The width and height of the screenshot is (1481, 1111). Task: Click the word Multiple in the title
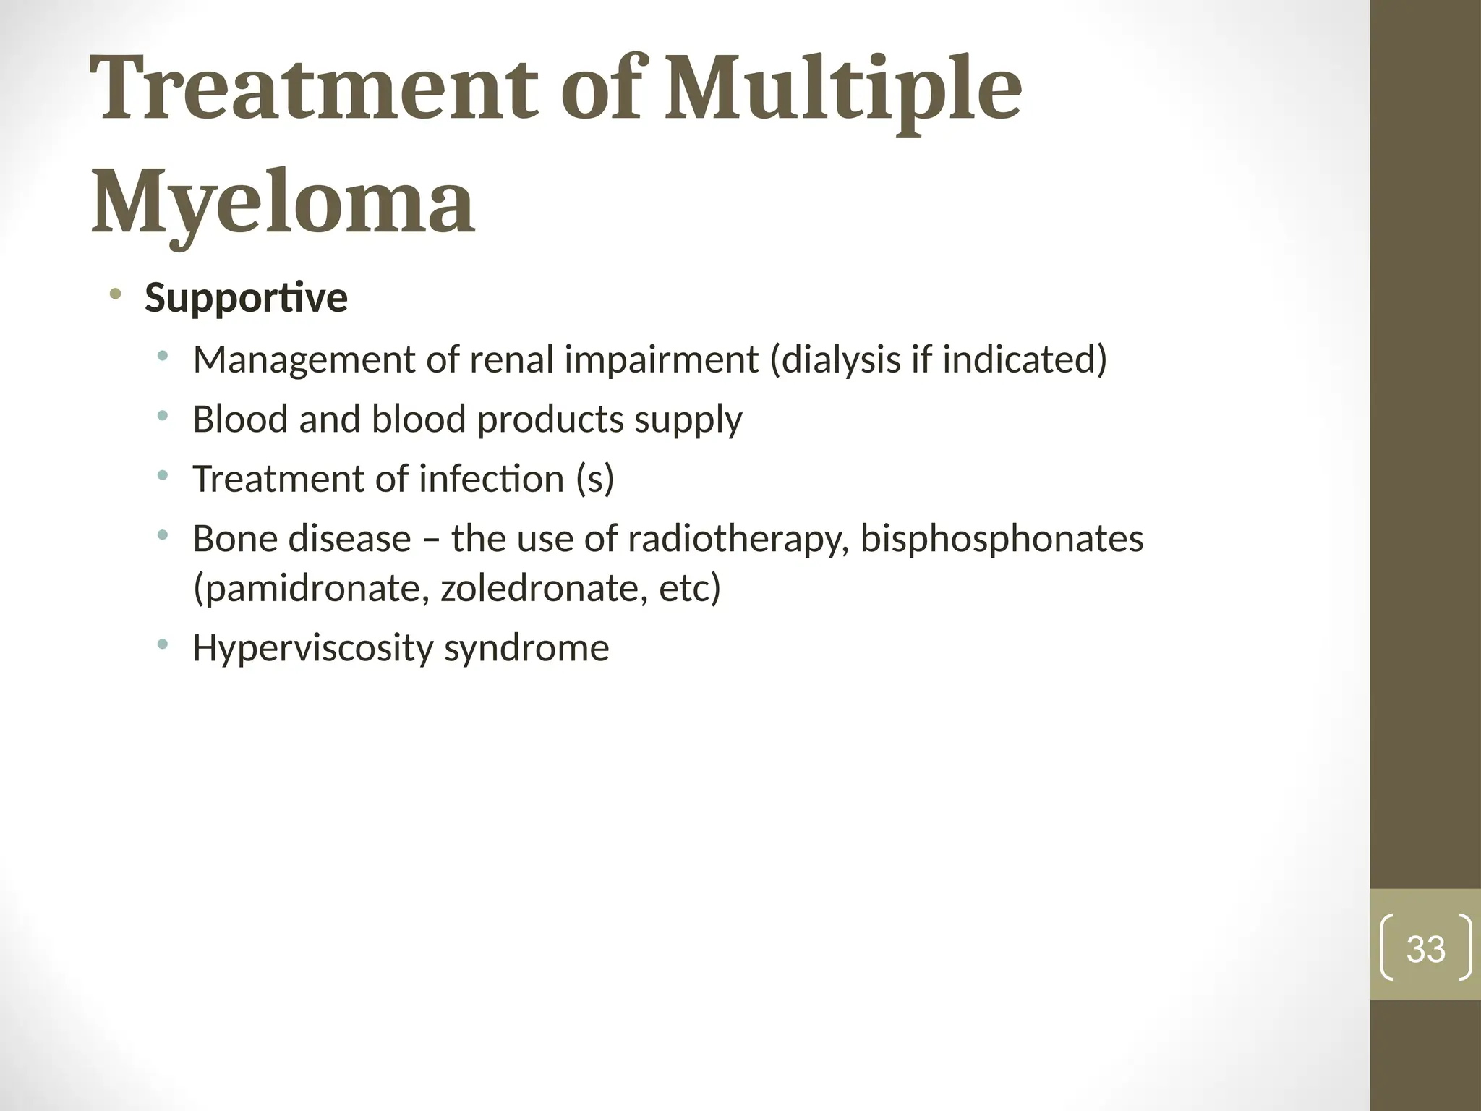click(842, 90)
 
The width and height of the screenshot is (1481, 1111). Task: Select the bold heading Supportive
click(246, 298)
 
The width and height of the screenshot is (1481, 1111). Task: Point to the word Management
click(304, 359)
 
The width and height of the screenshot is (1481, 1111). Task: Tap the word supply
click(688, 420)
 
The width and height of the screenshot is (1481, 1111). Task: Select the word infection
click(492, 479)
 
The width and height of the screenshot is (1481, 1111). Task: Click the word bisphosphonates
click(1002, 539)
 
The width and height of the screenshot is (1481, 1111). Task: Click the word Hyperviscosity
click(312, 648)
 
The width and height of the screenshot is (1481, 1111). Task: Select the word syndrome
click(526, 648)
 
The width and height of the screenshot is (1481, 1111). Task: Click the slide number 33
click(1425, 949)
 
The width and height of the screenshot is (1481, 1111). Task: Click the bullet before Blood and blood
click(163, 416)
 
